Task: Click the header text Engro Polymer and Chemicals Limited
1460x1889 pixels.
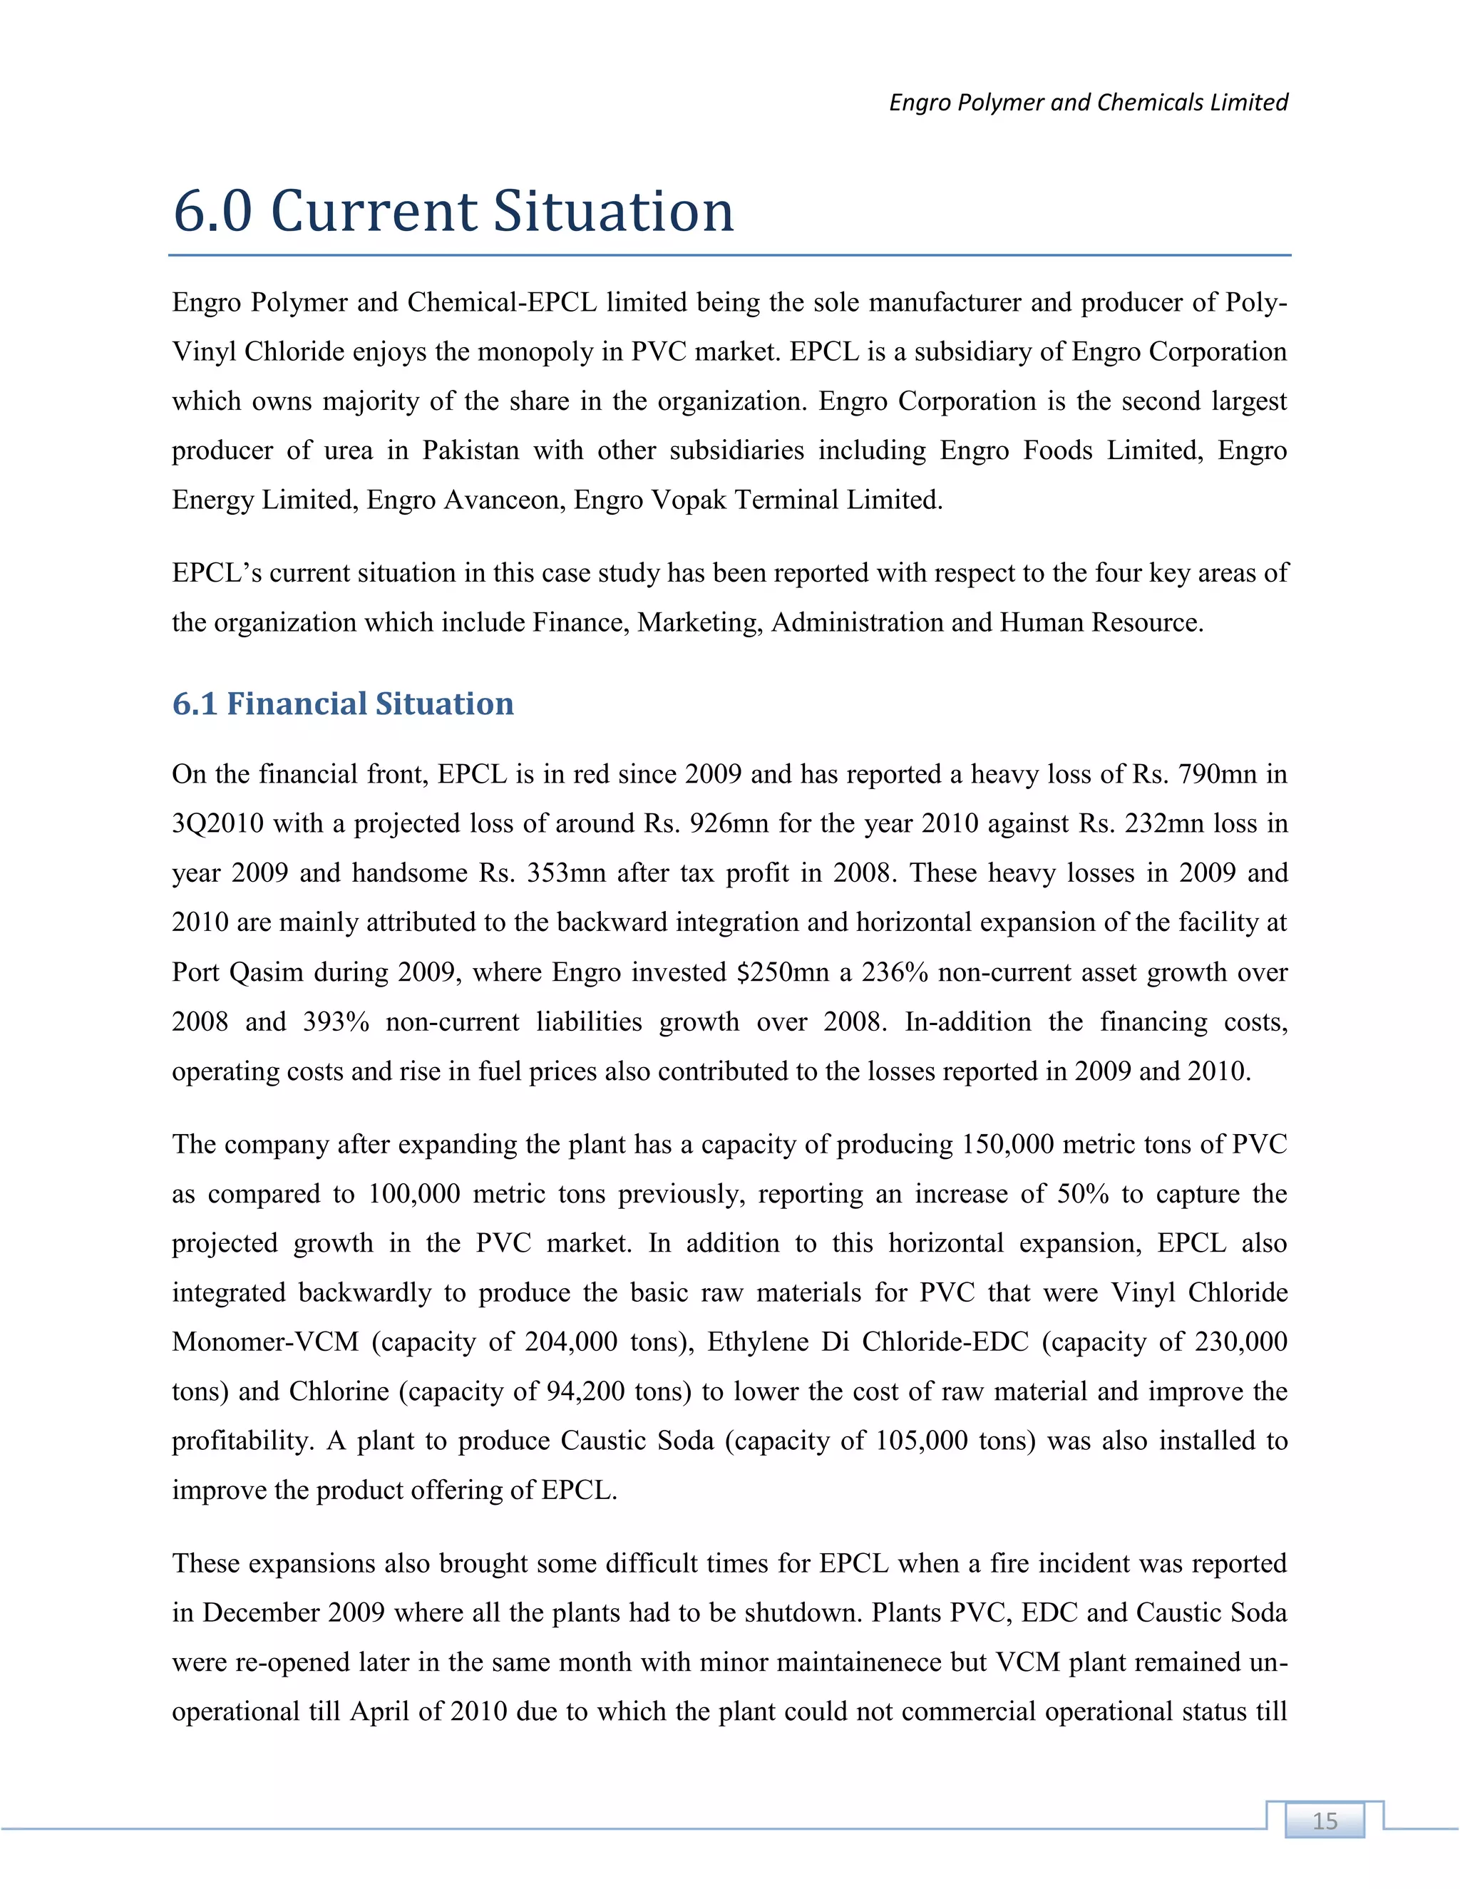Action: (1088, 102)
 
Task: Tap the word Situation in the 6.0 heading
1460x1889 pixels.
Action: (613, 211)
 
